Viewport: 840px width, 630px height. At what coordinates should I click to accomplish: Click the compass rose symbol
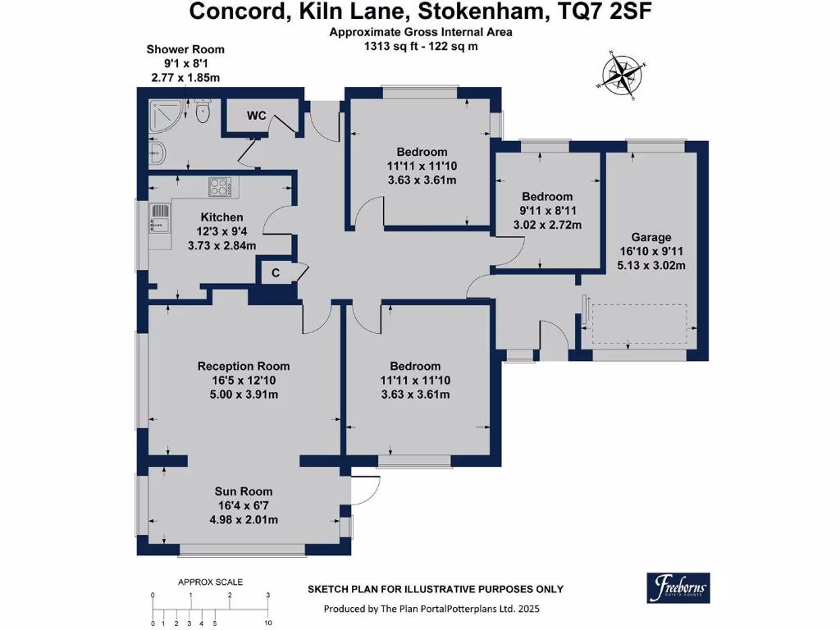pos(624,75)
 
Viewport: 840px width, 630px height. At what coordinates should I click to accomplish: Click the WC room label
pos(256,116)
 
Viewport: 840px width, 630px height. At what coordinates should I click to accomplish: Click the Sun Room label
pos(244,491)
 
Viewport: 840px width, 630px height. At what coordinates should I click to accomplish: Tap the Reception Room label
pos(244,366)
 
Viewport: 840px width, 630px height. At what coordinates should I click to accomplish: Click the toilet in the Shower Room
pos(204,112)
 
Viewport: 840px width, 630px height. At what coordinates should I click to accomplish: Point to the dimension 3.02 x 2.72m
pos(547,225)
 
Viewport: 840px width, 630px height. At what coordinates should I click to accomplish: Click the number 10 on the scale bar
pos(268,623)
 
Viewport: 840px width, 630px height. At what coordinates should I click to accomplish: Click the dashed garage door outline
pos(639,324)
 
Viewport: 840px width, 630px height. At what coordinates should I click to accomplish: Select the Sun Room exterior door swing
pos(365,491)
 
